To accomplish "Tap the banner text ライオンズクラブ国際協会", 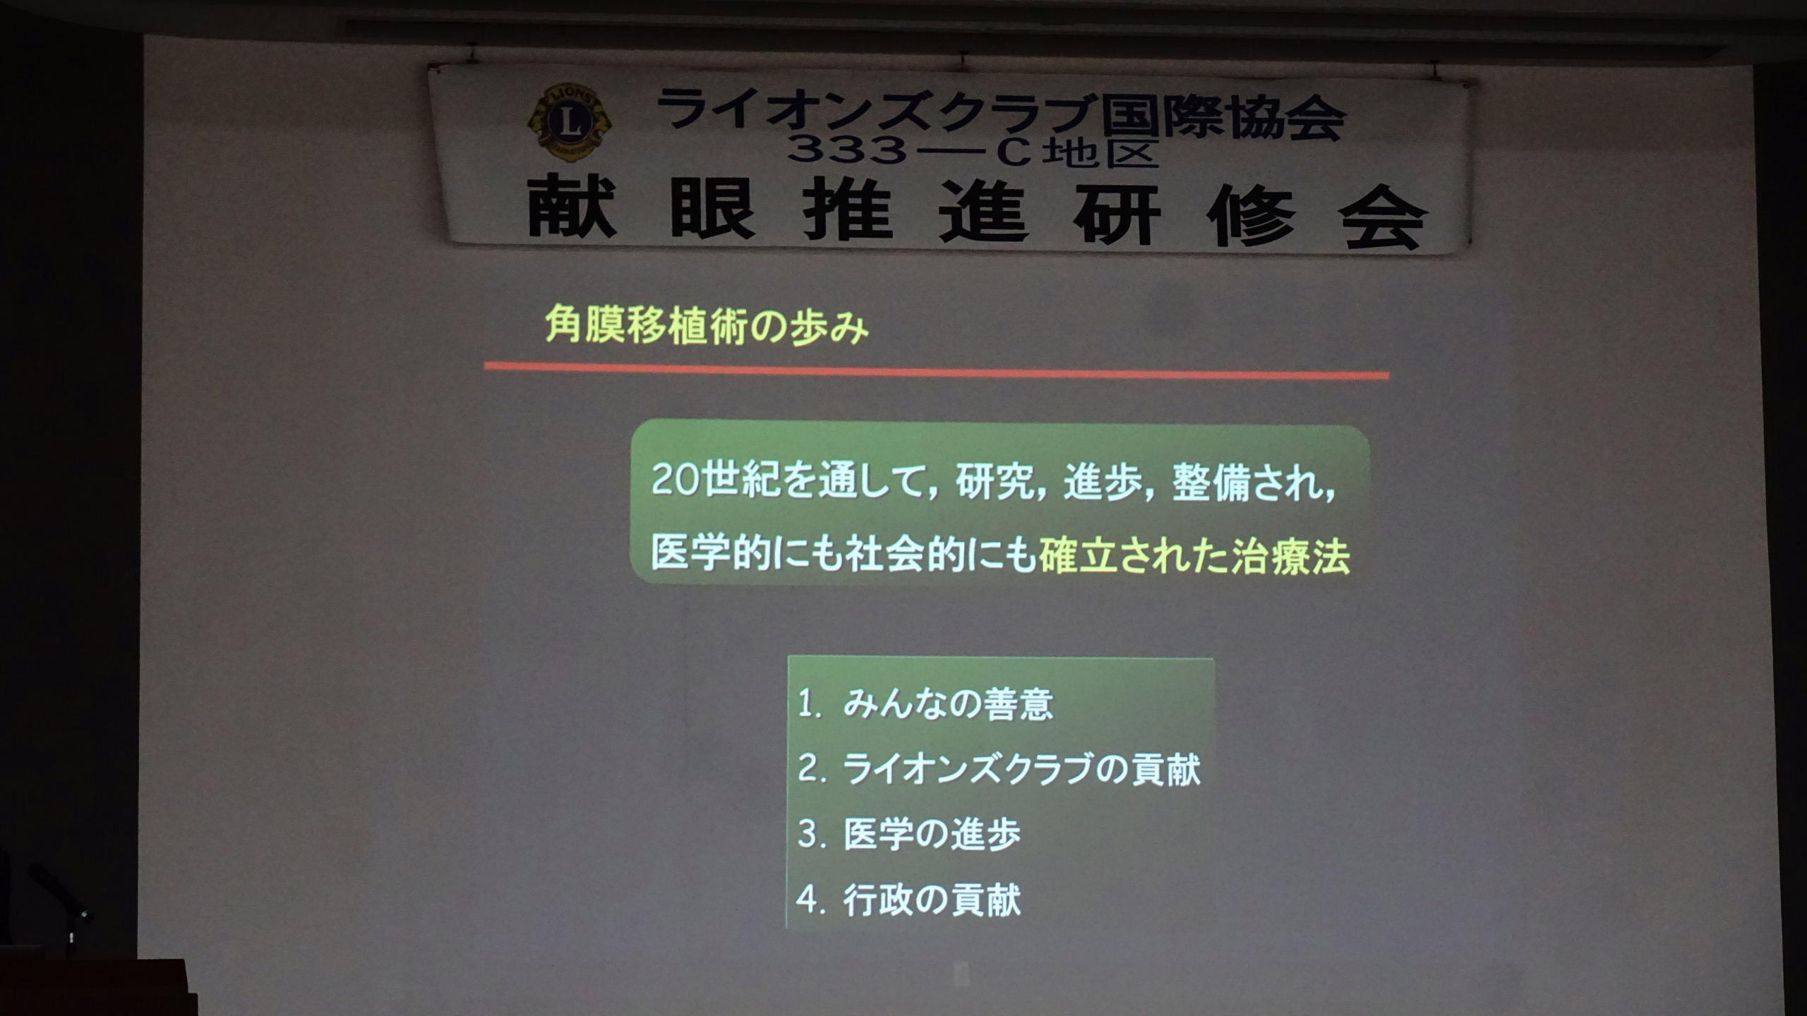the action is [x=1000, y=116].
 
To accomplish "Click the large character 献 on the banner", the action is [x=571, y=208].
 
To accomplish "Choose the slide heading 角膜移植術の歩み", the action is [x=707, y=327].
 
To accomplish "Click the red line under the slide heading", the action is [x=937, y=371].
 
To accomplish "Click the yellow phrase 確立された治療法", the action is [x=1194, y=557].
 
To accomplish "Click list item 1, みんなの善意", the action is [x=925, y=704].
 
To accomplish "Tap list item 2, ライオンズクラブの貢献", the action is [x=998, y=768].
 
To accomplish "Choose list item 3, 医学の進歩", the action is [x=909, y=834].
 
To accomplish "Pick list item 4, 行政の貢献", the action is [x=909, y=900].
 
